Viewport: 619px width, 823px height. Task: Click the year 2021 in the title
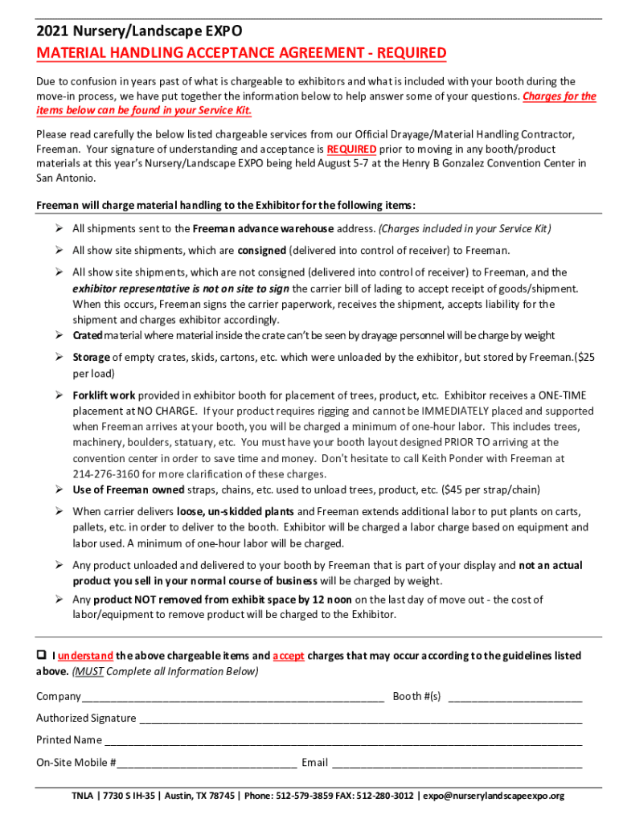(x=52, y=31)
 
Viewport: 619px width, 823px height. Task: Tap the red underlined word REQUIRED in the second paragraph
(x=352, y=149)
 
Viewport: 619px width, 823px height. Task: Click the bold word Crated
(x=87, y=335)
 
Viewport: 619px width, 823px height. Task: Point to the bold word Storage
(x=92, y=357)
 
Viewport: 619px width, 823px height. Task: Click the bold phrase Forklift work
(x=104, y=395)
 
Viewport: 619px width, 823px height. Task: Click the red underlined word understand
(x=86, y=656)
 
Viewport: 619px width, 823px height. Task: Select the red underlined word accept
(x=288, y=656)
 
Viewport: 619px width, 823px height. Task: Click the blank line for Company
(x=232, y=698)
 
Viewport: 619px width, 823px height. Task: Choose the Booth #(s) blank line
(x=514, y=698)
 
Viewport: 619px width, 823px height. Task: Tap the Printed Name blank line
(x=342, y=741)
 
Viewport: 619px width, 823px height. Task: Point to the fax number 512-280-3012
(x=385, y=796)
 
